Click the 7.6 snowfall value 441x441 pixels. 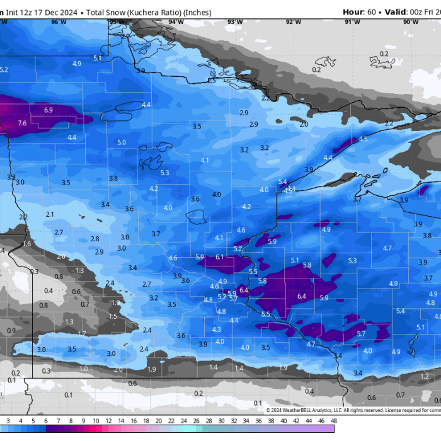(22, 123)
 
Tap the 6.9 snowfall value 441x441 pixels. (49, 110)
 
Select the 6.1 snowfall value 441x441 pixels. (220, 257)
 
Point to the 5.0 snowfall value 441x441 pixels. (122, 142)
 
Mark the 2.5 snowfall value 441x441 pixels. (212, 81)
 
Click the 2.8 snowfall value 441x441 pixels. (94, 239)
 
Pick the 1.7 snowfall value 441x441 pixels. (82, 333)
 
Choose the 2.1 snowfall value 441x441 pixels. (50, 214)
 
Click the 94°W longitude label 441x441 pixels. (176, 22)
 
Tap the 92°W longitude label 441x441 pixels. (293, 22)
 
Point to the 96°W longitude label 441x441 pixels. (59, 22)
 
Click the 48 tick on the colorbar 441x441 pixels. (333, 420)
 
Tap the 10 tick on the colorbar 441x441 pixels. (96, 420)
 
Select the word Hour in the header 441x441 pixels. (353, 11)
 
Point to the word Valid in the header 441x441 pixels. (398, 11)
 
